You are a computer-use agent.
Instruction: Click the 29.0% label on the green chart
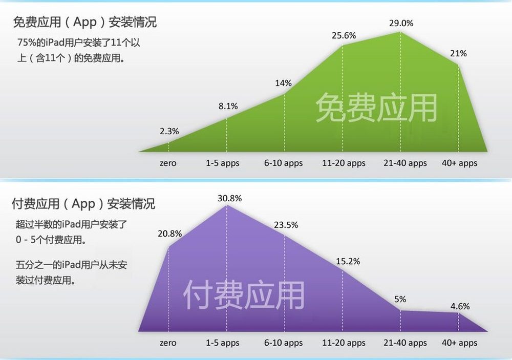(x=401, y=23)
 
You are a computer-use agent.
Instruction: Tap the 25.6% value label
(x=344, y=35)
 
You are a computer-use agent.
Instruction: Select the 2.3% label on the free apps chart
(x=169, y=131)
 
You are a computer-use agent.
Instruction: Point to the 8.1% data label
(x=228, y=106)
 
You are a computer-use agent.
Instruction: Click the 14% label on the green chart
(x=284, y=83)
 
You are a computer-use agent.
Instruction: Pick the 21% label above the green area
(x=458, y=53)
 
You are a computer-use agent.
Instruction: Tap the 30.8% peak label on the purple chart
(x=229, y=198)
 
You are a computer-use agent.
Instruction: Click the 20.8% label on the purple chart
(x=170, y=234)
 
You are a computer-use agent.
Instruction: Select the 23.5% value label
(x=286, y=225)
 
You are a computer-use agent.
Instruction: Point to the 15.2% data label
(x=348, y=261)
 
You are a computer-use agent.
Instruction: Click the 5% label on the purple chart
(x=400, y=299)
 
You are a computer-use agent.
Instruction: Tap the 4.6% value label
(x=460, y=306)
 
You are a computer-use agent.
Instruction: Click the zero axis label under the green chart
(x=168, y=163)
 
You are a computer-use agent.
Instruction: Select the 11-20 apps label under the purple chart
(x=344, y=343)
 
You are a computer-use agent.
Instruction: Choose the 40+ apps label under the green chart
(x=459, y=163)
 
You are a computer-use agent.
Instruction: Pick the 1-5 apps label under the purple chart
(x=222, y=343)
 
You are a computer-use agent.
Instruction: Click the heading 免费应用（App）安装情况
(x=85, y=22)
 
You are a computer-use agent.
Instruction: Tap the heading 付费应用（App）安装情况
(x=83, y=204)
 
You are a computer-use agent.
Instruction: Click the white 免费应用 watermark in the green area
(x=376, y=108)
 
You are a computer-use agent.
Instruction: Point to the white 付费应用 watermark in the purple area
(x=244, y=295)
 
